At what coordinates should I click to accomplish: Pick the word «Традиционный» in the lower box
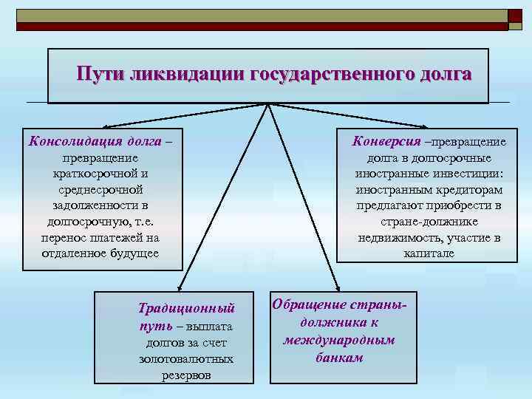186,307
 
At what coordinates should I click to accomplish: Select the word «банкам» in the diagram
339,358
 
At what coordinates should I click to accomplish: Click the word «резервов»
185,375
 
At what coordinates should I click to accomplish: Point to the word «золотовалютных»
186,358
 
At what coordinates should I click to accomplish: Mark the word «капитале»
429,253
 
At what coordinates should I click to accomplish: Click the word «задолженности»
100,205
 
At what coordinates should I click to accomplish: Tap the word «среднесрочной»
100,189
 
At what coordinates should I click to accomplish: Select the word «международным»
339,340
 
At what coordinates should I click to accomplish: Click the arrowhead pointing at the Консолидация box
101,129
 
